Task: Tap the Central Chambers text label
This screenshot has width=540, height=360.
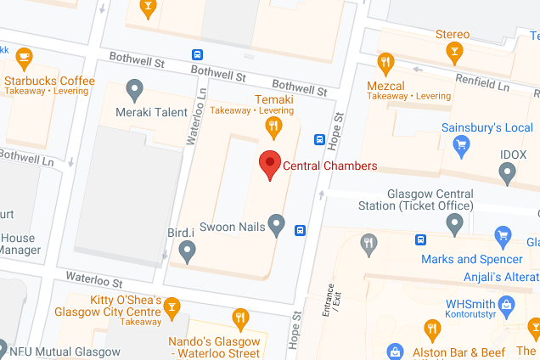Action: pos(329,166)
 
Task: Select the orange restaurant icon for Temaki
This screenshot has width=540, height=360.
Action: pos(273,128)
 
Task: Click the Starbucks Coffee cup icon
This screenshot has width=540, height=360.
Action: pos(23,58)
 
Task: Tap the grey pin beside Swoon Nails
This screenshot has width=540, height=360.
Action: pos(276,224)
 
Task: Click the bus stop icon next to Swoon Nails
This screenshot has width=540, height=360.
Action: pos(301,230)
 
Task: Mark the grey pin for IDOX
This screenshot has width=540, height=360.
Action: pos(508,174)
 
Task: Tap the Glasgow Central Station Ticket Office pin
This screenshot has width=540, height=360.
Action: pos(455,224)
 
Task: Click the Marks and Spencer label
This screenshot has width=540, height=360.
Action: pos(472,260)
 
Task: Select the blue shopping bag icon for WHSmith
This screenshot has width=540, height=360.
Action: pos(507,303)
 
